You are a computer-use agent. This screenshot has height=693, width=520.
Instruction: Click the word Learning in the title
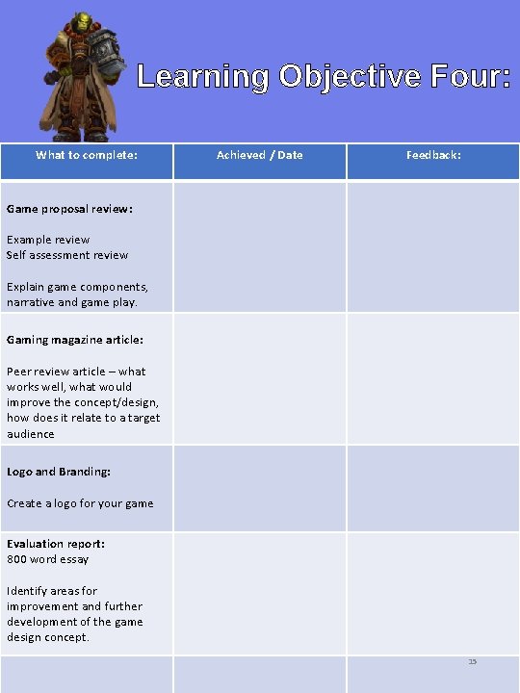point(202,76)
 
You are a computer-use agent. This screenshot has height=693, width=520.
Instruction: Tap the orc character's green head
point(84,26)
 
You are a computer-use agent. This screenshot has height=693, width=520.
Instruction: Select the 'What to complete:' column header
point(87,155)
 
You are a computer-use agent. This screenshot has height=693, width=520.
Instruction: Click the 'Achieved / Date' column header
point(259,155)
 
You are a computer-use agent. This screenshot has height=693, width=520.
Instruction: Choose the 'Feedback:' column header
point(433,155)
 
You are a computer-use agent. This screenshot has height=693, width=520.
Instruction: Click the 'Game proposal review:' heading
point(69,208)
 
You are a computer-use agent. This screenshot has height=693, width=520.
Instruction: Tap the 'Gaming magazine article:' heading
point(75,340)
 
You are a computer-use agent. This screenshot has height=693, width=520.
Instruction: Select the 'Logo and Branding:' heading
point(59,472)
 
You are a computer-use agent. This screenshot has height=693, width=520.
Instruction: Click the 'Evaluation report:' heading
point(56,544)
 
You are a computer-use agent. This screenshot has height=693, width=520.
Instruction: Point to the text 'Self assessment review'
point(67,255)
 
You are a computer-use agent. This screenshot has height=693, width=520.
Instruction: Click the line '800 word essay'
point(48,559)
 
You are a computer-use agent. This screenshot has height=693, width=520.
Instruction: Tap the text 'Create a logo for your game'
point(80,503)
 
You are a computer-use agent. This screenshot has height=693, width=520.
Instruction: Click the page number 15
point(472,661)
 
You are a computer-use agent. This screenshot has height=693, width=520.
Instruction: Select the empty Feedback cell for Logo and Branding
point(433,488)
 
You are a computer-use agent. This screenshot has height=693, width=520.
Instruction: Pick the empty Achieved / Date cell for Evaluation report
point(259,593)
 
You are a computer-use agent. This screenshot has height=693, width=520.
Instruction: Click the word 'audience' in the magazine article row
point(31,434)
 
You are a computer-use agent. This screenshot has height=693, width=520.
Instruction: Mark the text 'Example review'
point(48,240)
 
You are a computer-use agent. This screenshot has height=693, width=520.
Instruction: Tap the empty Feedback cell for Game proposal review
point(433,247)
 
